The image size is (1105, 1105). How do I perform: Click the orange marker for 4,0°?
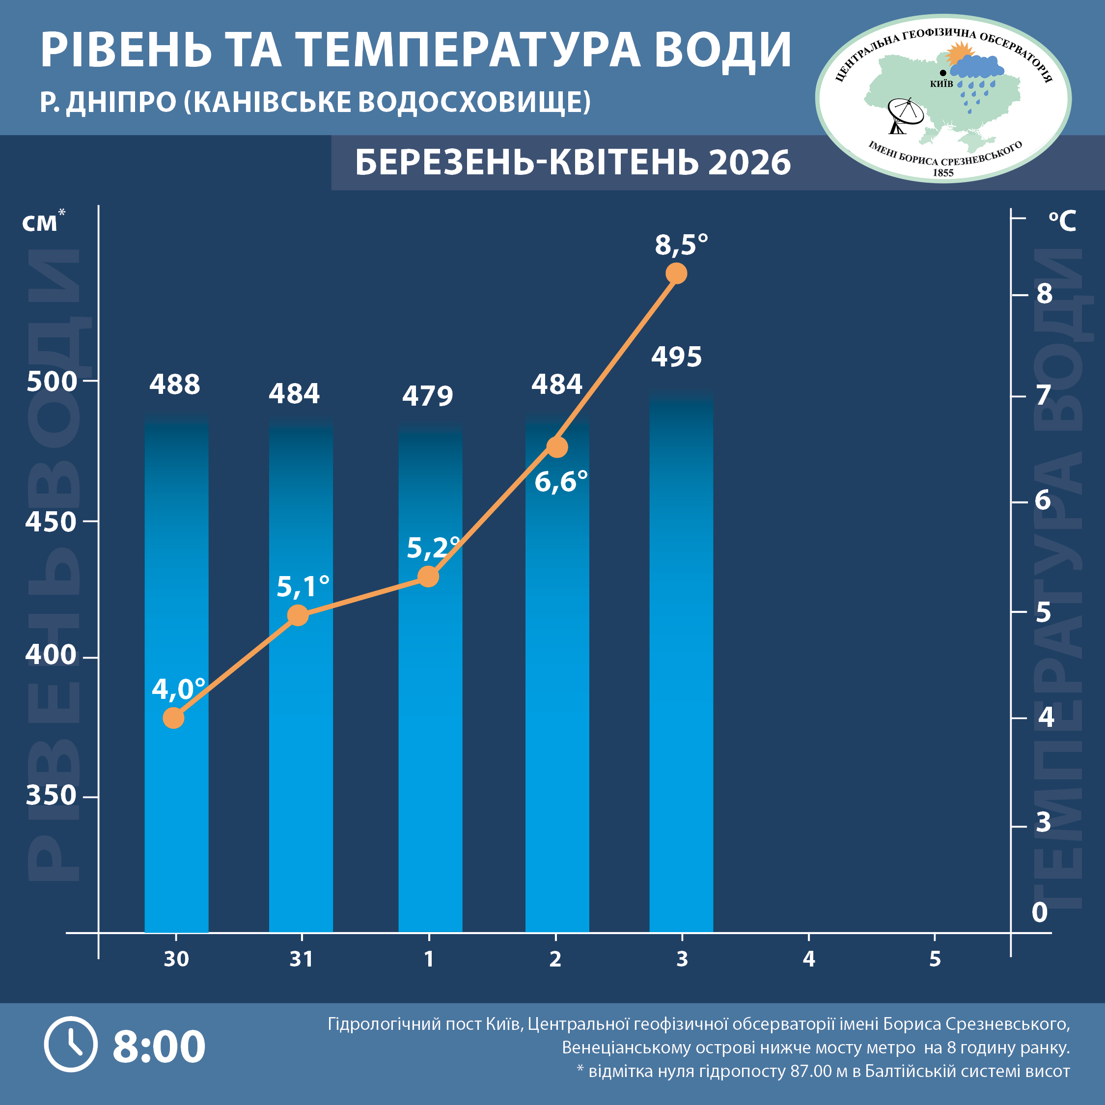coord(173,718)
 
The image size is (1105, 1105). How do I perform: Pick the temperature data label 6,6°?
coord(561,482)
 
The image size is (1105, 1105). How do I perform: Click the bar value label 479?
coord(427,396)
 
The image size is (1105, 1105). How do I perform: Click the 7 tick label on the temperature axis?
coord(1044,395)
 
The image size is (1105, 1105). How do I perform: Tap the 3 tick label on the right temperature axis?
coord(1044,823)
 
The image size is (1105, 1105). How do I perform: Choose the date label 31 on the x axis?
coord(302,959)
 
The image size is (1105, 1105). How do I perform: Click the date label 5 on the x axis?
coord(935,959)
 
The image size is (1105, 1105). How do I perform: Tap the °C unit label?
coord(1062,221)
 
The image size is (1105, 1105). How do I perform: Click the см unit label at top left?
coord(40,223)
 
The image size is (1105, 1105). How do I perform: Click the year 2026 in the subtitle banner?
coord(749,163)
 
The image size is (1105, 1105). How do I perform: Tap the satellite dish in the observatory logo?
coord(904,114)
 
